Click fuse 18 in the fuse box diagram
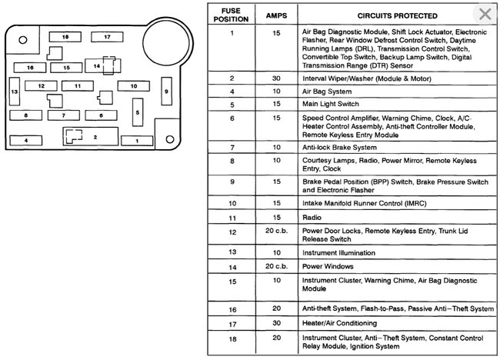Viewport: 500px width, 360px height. (65, 36)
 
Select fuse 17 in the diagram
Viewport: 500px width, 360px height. (107, 36)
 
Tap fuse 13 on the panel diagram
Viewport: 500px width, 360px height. (14, 92)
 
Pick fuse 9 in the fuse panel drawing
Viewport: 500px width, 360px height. (165, 92)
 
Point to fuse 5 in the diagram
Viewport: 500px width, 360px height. (138, 112)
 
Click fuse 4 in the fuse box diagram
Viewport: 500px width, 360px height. (25, 141)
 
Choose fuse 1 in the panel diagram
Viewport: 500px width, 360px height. (137, 141)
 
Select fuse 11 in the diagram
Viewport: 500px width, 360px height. (77, 86)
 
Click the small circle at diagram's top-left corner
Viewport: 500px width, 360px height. (25, 39)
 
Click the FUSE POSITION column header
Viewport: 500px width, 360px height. (232, 15)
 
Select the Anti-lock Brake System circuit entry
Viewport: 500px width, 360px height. (339, 146)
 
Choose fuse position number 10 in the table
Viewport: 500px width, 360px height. (232, 203)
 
